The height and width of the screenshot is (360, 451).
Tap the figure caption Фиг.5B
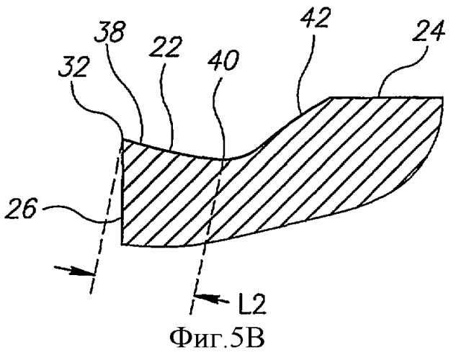(x=218, y=339)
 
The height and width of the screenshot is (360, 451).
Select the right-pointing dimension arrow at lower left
(x=74, y=270)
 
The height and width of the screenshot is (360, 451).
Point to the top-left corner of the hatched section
(x=123, y=139)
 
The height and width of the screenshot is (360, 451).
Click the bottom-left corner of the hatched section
(x=122, y=244)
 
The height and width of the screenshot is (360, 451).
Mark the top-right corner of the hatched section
(x=442, y=97)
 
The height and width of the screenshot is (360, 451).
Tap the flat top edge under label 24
(x=385, y=97)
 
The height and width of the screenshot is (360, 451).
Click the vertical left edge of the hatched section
(x=123, y=192)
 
